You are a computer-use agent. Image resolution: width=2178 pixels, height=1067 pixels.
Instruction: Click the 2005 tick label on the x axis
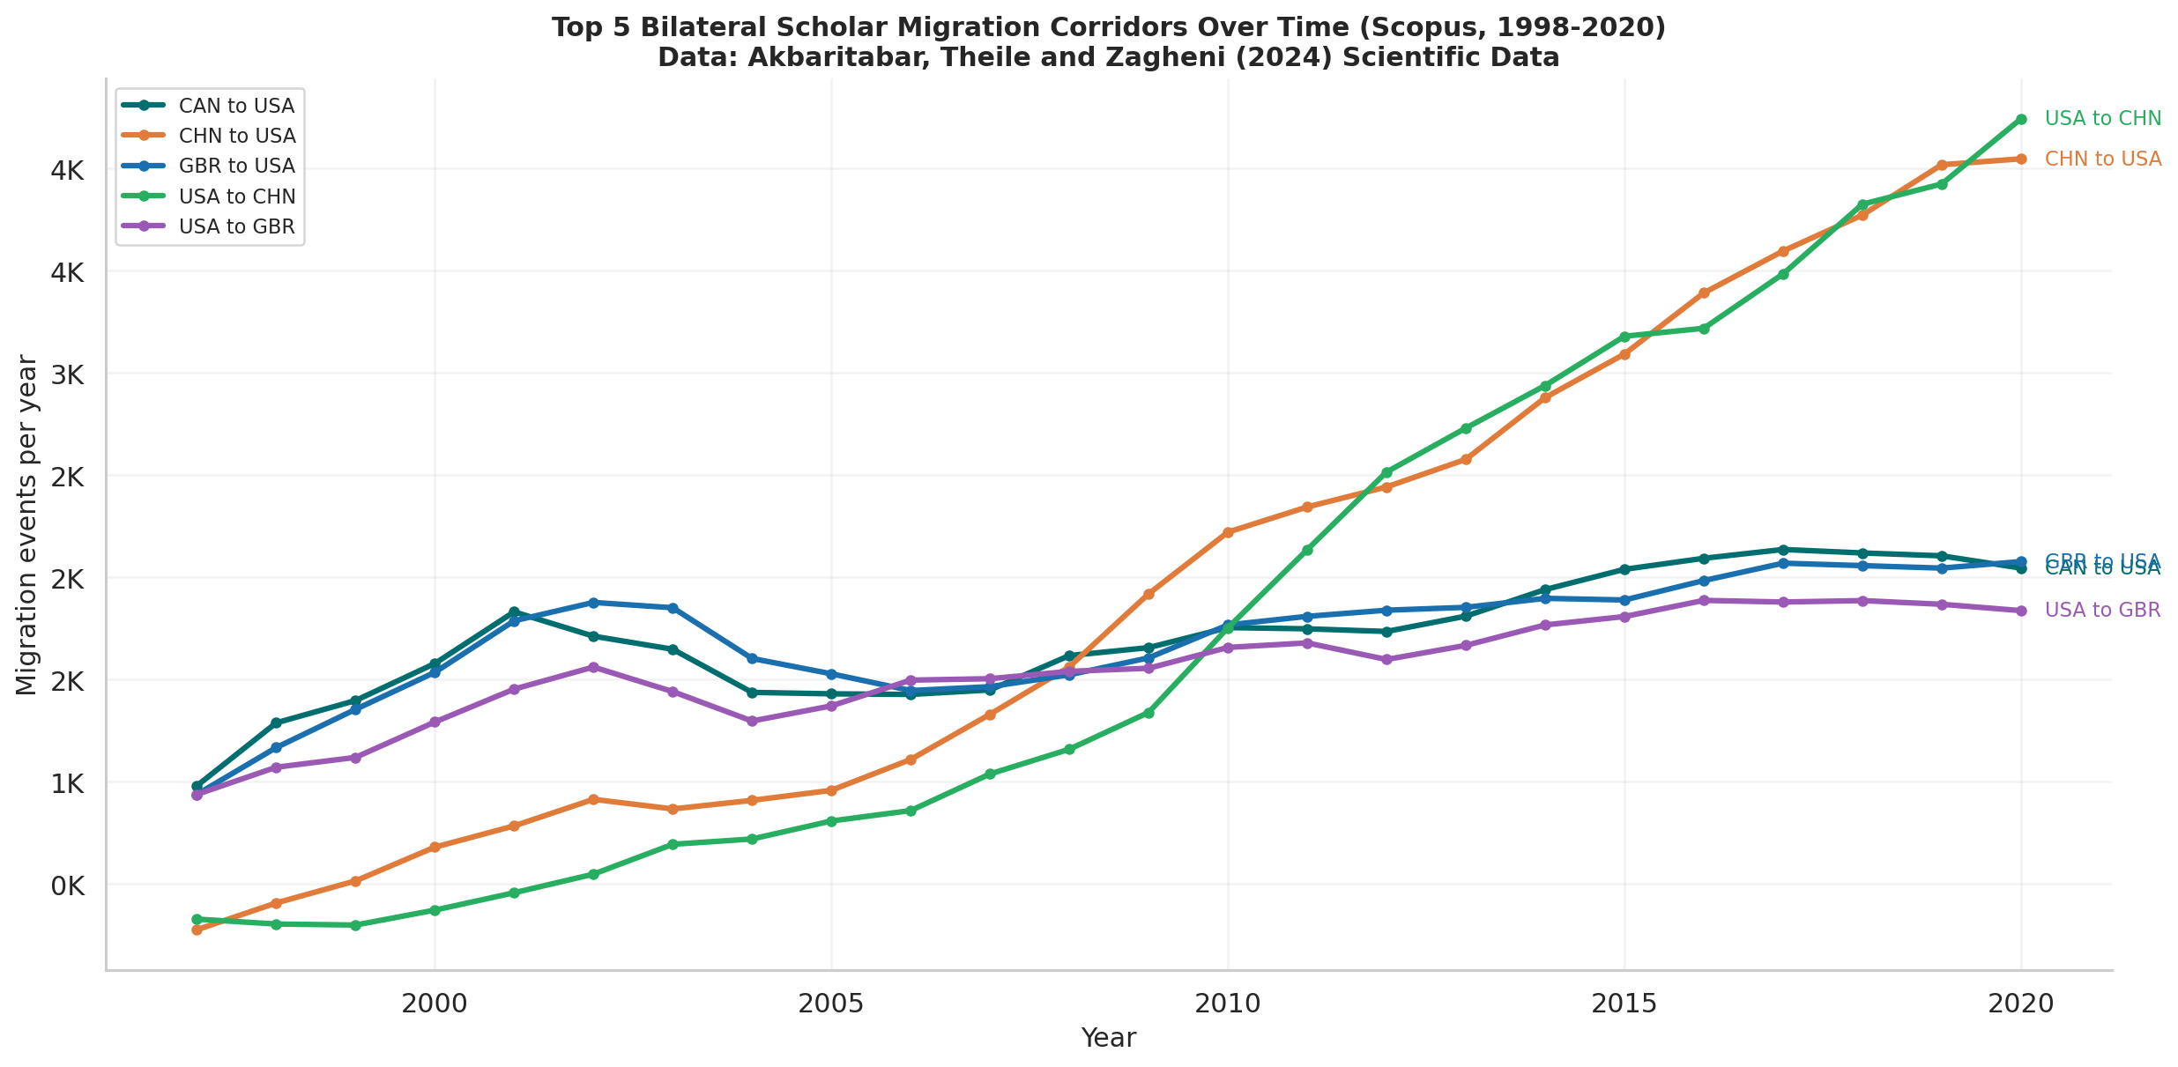tap(830, 1004)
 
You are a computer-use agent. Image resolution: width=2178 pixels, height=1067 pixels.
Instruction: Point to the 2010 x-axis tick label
tap(1227, 1004)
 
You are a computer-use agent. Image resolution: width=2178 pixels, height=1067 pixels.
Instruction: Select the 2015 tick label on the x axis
tap(1624, 1004)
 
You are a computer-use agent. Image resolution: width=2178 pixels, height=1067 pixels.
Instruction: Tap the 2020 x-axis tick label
tap(2020, 1004)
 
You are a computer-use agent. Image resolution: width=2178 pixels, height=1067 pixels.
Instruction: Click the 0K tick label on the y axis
tap(68, 885)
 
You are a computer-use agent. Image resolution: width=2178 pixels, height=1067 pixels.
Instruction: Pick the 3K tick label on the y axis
tap(68, 374)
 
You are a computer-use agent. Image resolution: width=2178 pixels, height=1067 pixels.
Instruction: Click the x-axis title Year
tap(1108, 1039)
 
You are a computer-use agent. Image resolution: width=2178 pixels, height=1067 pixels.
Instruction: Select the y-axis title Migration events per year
tap(27, 525)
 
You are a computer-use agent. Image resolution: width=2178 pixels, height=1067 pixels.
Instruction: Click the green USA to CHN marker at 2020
tap(2021, 119)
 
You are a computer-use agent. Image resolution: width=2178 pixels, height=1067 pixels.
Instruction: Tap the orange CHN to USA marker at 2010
tap(1228, 532)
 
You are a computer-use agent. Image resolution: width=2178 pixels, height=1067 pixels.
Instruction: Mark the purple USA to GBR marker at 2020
tap(2021, 611)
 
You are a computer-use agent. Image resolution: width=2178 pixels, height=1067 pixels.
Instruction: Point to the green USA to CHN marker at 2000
tap(435, 910)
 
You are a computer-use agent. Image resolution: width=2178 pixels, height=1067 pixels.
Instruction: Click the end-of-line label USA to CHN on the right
tap(2102, 119)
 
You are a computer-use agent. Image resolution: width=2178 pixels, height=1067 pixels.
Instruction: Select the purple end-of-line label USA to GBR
tap(2102, 611)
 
